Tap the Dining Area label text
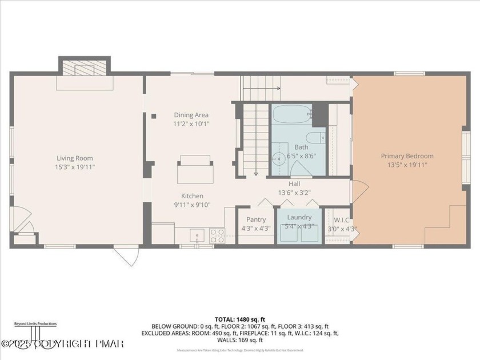tap(191, 115)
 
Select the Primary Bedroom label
tap(407, 156)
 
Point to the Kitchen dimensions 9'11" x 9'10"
tap(192, 205)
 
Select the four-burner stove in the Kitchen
tap(217, 235)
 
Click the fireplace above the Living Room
tap(85, 67)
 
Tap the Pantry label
tap(256, 219)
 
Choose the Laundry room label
tap(299, 217)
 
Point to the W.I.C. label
tap(342, 220)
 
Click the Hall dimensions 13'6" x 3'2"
tap(294, 193)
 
